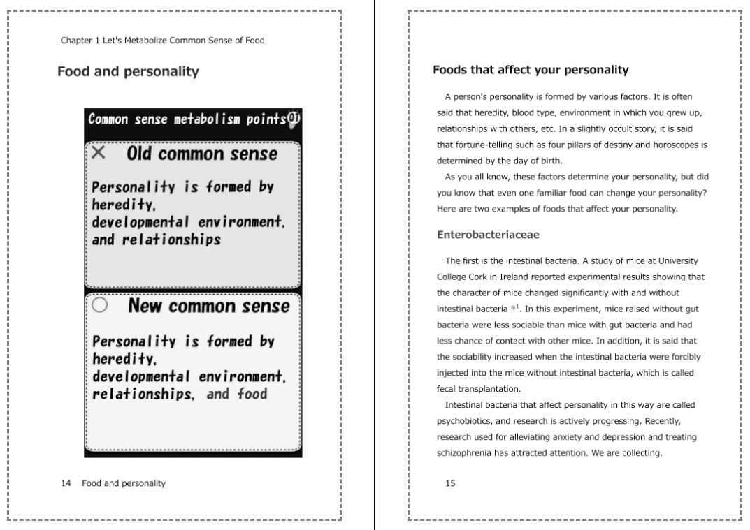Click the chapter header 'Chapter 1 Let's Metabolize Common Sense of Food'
(x=162, y=40)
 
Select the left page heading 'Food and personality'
(x=128, y=71)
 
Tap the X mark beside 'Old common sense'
(x=99, y=154)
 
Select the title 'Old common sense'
(x=201, y=154)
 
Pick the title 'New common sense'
(x=208, y=306)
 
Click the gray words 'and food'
(x=237, y=394)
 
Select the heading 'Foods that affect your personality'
(x=531, y=70)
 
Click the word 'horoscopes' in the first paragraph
(x=681, y=145)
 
